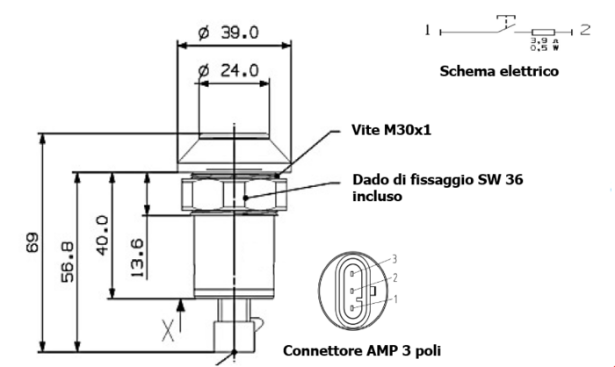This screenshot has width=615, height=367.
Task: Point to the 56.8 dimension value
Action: [66, 261]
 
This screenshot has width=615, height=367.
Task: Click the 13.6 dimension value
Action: [136, 255]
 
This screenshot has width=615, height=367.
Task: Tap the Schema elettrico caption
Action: [499, 71]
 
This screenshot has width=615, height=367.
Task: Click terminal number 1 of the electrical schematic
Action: [428, 31]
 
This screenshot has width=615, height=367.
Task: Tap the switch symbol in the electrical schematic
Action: [503, 25]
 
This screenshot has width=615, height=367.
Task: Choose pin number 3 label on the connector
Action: [395, 259]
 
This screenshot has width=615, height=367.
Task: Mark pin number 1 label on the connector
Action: [395, 299]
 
